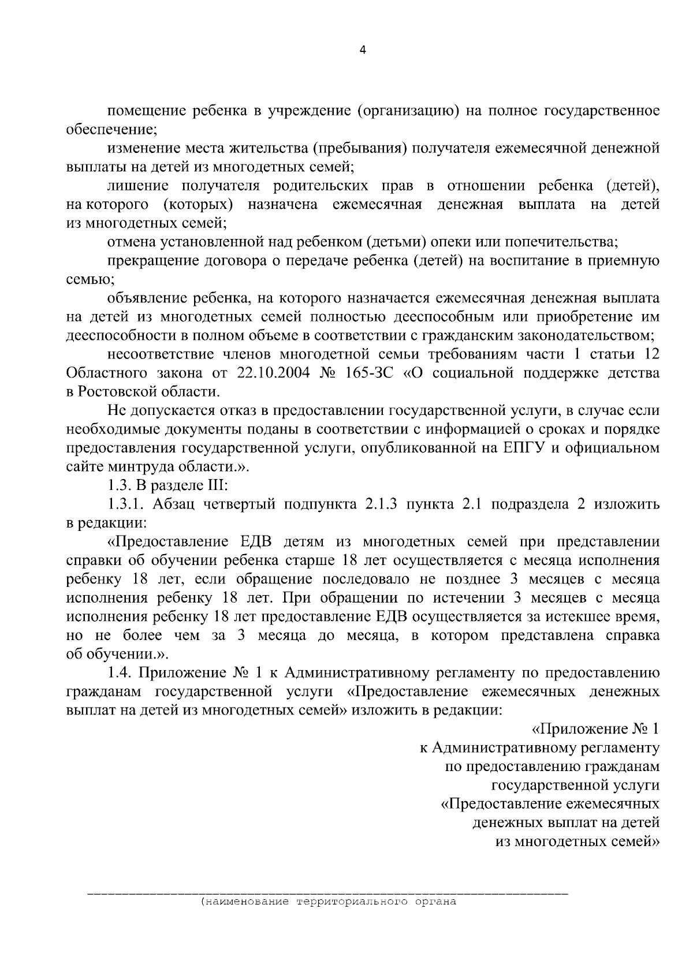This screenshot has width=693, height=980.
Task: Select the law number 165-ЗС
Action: point(367,373)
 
